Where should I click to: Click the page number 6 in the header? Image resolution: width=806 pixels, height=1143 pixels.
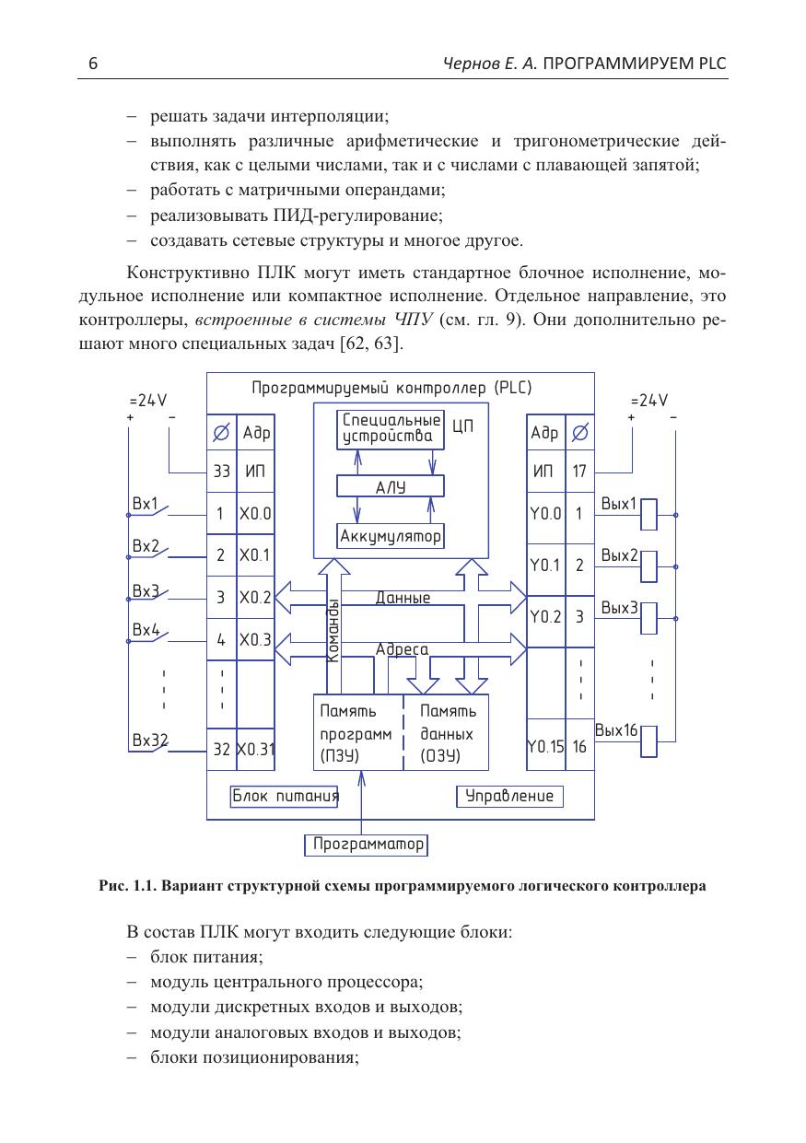click(93, 64)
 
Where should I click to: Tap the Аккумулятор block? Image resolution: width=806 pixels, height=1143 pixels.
click(391, 535)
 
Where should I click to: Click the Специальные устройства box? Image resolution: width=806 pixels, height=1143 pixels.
click(391, 428)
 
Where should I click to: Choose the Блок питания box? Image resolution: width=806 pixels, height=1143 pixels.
click(285, 796)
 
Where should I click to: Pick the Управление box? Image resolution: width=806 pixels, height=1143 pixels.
click(509, 796)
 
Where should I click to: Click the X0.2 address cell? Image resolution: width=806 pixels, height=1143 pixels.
click(254, 598)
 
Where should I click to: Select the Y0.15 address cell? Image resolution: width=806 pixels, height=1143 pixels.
click(545, 747)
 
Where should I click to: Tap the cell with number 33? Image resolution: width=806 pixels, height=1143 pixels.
click(221, 472)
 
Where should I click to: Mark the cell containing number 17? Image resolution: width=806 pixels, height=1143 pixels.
click(579, 472)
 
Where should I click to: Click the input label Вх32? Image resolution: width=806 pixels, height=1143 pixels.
click(149, 740)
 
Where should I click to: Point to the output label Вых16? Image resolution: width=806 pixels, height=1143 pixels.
click(616, 731)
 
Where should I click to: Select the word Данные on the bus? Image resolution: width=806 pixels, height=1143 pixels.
click(403, 598)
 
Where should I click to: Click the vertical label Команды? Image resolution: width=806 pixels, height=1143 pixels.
click(333, 631)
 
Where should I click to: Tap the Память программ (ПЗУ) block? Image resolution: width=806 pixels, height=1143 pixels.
click(357, 734)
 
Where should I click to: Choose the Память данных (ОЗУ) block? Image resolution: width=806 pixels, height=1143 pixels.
click(448, 734)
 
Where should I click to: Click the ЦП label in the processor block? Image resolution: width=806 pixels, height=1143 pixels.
click(463, 427)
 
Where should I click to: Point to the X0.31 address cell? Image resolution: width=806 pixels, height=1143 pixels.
click(255, 749)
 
